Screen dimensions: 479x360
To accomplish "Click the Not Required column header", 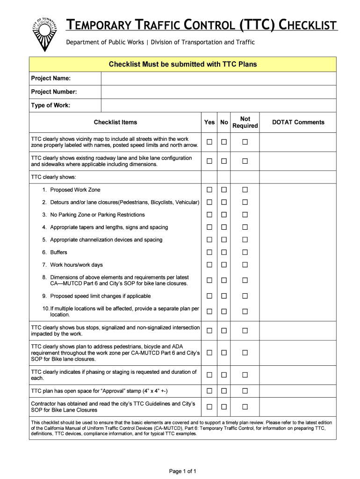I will tap(245, 123).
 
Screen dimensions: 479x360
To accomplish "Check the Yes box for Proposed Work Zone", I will tap(209, 189).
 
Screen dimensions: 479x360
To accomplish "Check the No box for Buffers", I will tap(224, 252).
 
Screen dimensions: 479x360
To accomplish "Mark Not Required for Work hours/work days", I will tap(245, 265).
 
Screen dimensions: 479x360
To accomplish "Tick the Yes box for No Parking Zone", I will tap(209, 215).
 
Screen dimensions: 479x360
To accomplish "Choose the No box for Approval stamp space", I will tap(224, 391).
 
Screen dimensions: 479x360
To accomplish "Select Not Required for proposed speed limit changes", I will tap(245, 296).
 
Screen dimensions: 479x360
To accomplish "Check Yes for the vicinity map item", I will tap(209, 142).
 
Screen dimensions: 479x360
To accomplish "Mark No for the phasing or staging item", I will tap(224, 375).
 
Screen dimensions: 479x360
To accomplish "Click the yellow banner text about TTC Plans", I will tap(183, 64).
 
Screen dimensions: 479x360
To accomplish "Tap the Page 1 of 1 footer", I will tap(182, 471).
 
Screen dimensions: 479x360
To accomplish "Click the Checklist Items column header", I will tap(115, 122).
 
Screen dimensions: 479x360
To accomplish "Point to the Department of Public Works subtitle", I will tap(160, 42).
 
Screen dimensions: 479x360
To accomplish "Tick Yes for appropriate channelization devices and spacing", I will tap(209, 239).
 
